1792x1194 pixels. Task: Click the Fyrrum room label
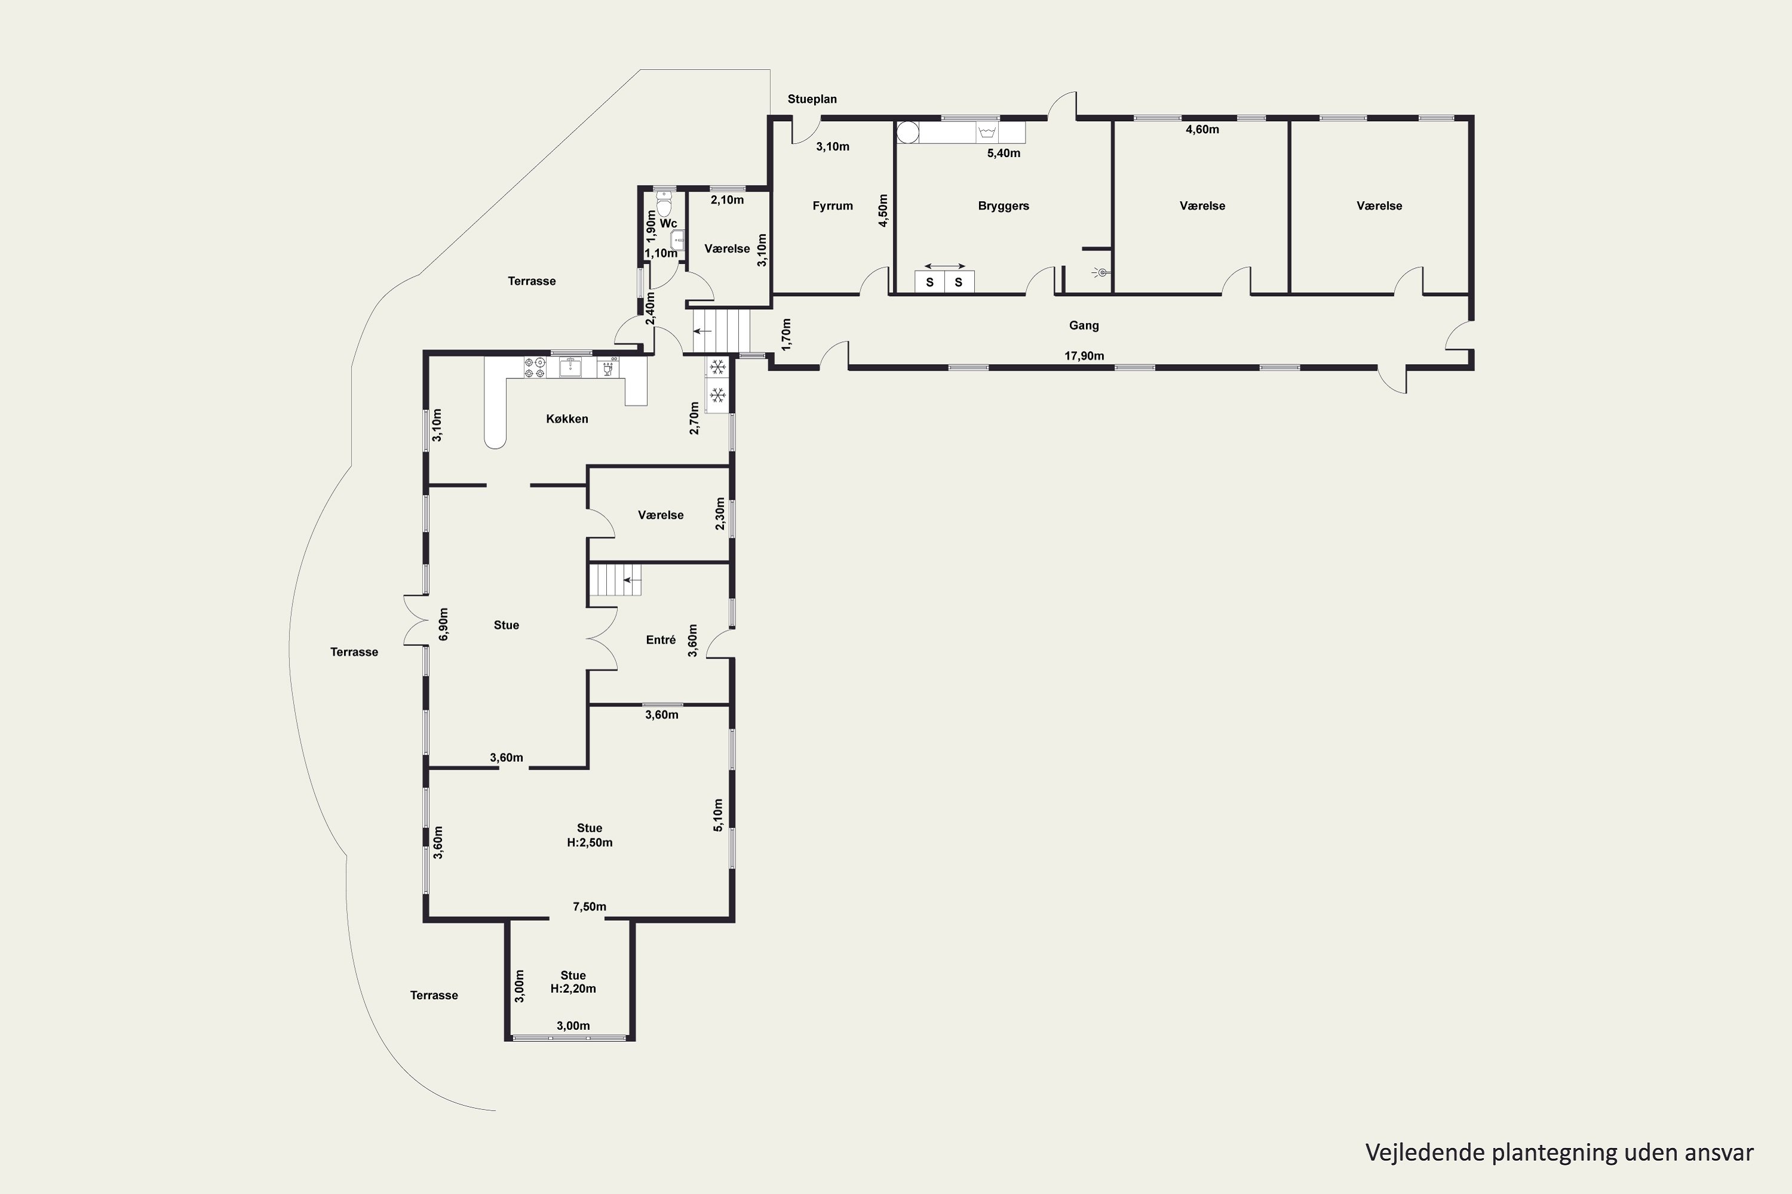(x=832, y=205)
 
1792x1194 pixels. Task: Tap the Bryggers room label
(x=1004, y=205)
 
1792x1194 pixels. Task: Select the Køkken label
(x=567, y=419)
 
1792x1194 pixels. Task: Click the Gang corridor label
(x=1084, y=326)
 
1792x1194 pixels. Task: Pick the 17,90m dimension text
(x=1084, y=356)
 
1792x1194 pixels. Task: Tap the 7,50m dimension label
(x=590, y=906)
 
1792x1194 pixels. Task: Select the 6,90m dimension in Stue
(x=443, y=624)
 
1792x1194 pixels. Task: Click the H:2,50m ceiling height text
(x=590, y=842)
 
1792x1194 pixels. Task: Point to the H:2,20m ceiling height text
(x=573, y=989)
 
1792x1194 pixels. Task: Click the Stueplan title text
(x=812, y=99)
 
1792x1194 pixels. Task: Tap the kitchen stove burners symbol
(x=534, y=368)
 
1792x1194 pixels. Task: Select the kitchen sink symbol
(x=570, y=368)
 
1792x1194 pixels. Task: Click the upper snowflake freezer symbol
(x=717, y=368)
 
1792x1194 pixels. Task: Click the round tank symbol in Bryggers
(x=907, y=133)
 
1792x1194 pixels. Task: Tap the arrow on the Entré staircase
(x=631, y=580)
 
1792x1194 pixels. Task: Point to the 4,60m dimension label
(x=1202, y=130)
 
